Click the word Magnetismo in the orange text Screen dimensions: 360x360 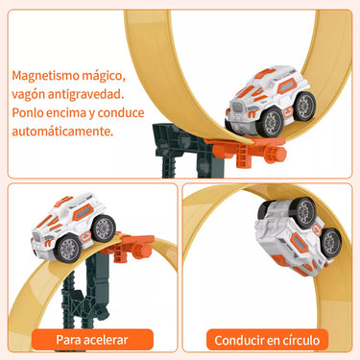[45, 76]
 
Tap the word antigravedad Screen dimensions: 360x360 [85, 94]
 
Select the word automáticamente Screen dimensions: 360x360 [62, 132]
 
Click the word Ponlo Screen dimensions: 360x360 [27, 112]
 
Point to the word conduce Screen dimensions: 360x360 [121, 112]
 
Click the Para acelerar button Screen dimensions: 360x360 [92, 340]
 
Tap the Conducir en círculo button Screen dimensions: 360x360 [267, 340]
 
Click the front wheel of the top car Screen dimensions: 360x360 [271, 122]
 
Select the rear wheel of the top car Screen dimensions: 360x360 [304, 106]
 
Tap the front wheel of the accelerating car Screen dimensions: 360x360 [68, 249]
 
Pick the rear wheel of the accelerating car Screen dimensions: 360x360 [103, 228]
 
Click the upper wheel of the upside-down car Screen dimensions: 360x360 [303, 212]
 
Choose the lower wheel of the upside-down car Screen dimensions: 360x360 [331, 243]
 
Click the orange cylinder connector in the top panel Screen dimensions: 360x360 [275, 154]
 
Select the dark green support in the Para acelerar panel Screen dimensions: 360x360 [84, 293]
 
